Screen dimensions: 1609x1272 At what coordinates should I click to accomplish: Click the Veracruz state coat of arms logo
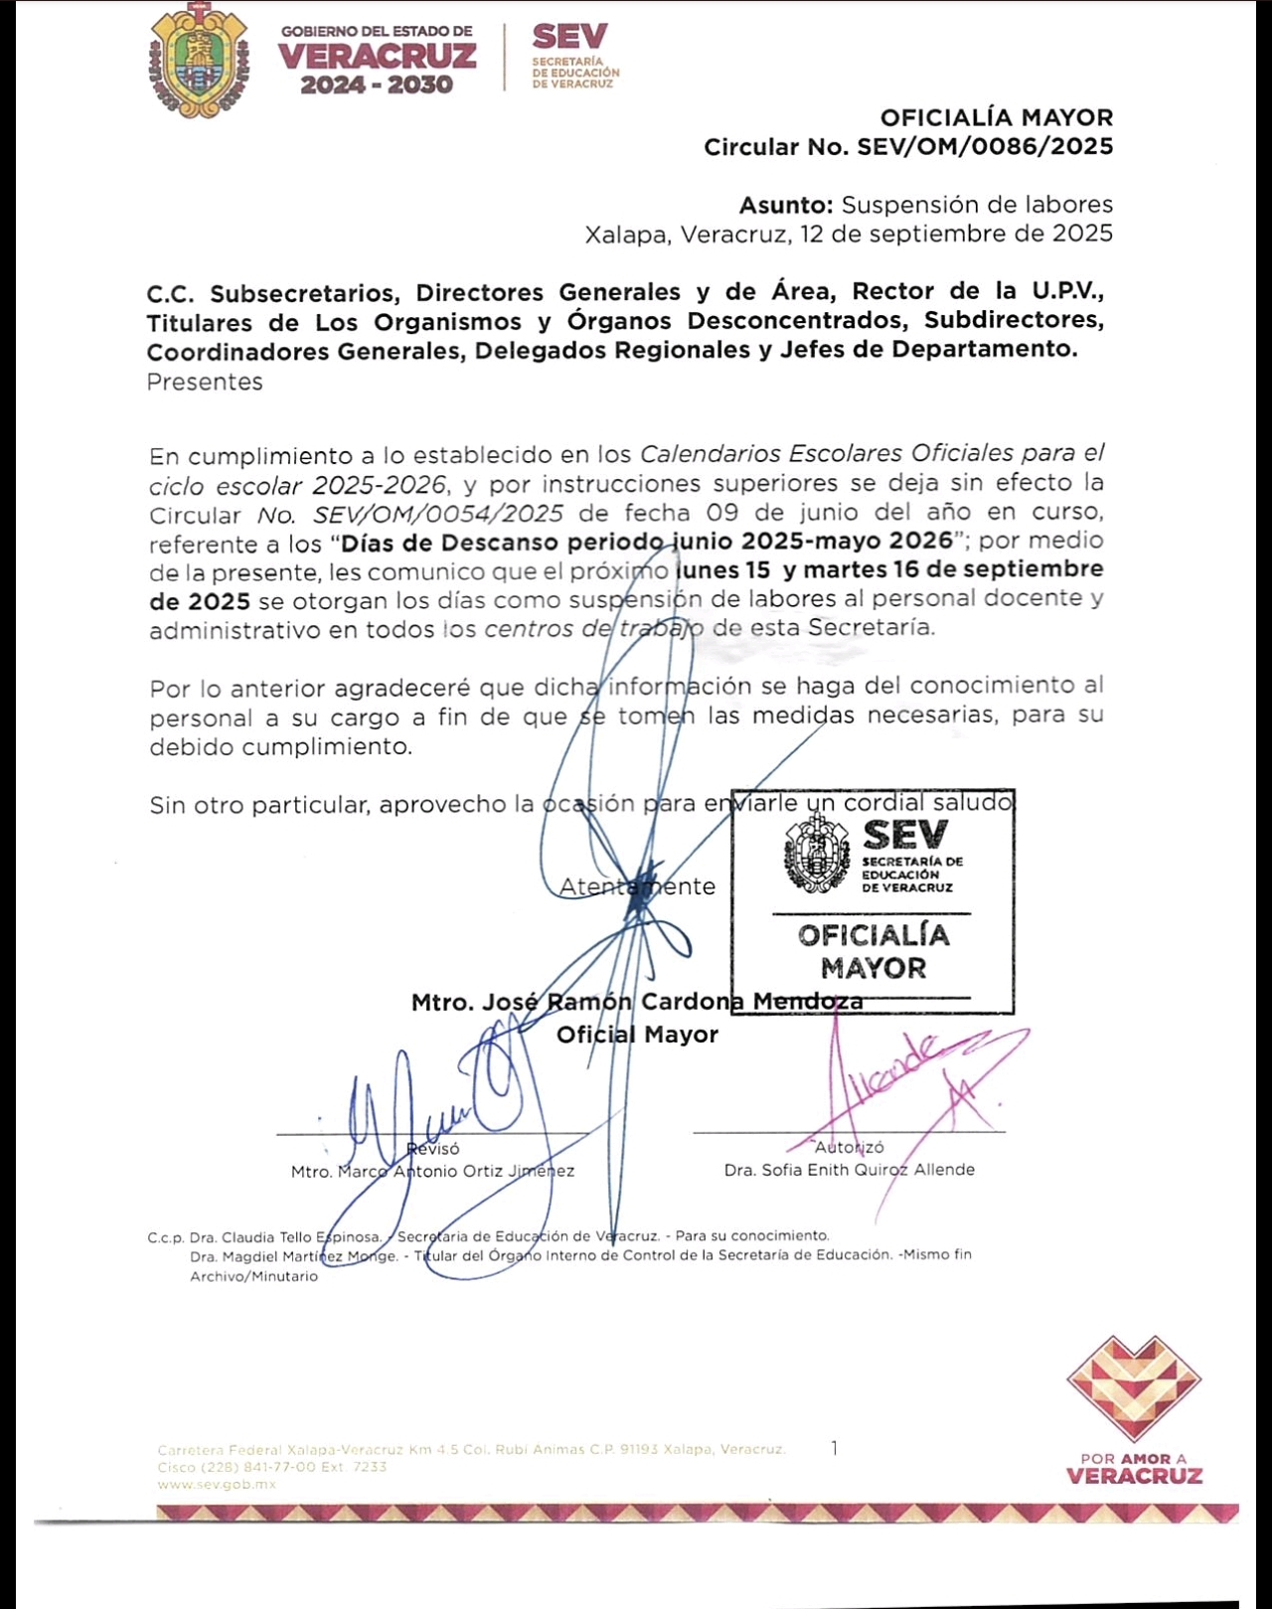click(200, 61)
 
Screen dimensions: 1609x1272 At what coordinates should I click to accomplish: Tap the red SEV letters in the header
click(569, 37)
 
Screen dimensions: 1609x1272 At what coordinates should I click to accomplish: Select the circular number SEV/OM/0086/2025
click(985, 147)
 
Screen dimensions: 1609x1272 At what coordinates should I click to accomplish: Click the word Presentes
click(205, 382)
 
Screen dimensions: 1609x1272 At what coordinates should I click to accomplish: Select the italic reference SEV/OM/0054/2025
click(437, 514)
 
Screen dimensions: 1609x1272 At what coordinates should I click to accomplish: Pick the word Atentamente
click(637, 886)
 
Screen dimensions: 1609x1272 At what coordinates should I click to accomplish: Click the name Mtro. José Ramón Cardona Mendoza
click(636, 1002)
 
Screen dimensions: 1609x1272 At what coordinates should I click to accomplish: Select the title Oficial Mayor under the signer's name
click(637, 1035)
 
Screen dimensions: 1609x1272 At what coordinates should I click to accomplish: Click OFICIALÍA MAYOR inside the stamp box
click(874, 951)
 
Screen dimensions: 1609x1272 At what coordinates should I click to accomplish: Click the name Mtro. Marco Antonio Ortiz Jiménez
click(432, 1172)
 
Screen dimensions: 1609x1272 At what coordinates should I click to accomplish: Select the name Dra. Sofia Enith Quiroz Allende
click(849, 1170)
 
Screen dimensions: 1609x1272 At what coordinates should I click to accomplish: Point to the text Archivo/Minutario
click(253, 1276)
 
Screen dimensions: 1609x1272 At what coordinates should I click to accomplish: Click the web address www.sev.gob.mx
click(217, 1484)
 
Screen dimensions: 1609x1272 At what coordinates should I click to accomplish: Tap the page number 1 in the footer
click(834, 1448)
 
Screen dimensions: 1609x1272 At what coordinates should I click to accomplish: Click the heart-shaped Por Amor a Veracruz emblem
click(1134, 1387)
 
